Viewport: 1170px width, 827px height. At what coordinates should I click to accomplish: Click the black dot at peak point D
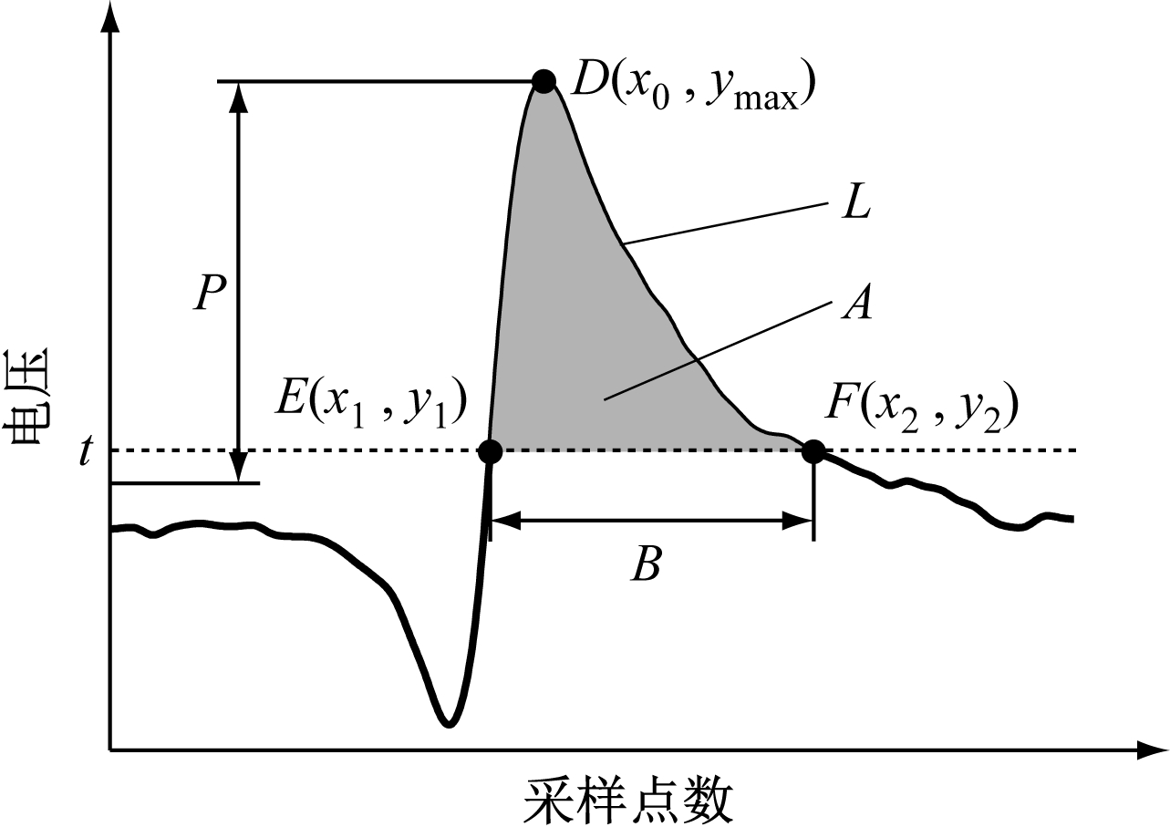pos(544,81)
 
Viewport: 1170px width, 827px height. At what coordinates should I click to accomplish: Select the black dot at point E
pos(490,451)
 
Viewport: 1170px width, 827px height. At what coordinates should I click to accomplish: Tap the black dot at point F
pos(813,451)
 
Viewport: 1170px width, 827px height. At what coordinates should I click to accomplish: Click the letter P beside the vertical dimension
pos(210,293)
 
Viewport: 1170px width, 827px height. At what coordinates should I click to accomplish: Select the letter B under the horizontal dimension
pos(647,564)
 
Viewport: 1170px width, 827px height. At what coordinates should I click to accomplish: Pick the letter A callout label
pos(856,301)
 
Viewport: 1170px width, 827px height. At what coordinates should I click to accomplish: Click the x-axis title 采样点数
pos(628,799)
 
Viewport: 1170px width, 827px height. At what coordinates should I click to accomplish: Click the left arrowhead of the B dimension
pos(505,520)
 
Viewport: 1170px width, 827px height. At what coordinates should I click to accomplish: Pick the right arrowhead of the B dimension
pos(797,520)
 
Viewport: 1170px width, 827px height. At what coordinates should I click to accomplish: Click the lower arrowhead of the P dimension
pos(239,467)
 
